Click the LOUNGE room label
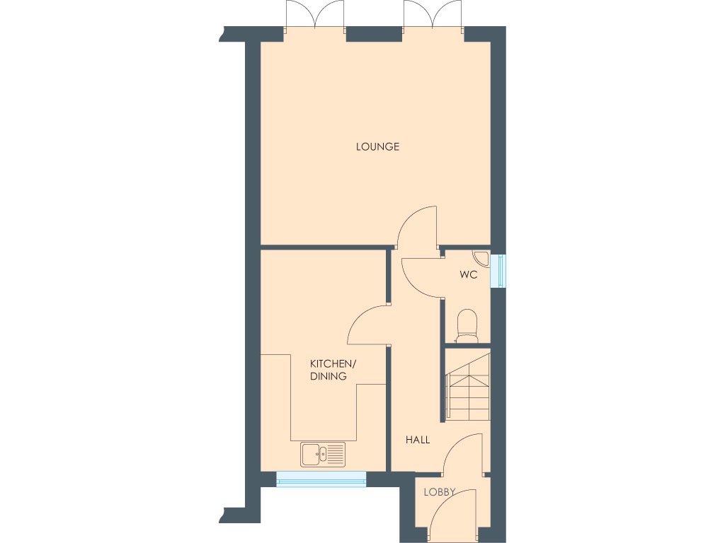tap(377, 147)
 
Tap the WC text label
tap(467, 274)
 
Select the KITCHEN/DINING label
tap(333, 370)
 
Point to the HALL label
tap(417, 440)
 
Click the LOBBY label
tap(439, 492)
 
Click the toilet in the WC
tap(468, 326)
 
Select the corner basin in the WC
tap(481, 259)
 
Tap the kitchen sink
tap(323, 454)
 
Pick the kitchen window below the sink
tap(321, 479)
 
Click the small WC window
tap(502, 270)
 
